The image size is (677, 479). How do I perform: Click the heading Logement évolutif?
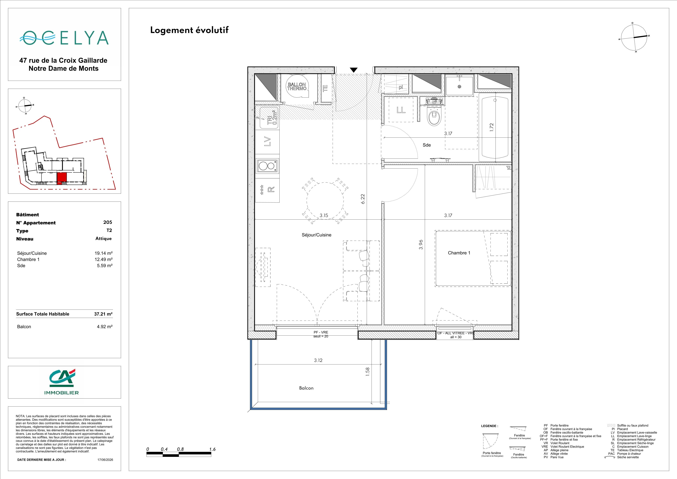coord(189,30)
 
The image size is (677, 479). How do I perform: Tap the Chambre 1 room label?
coord(459,253)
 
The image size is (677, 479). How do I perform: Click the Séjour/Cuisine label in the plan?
coord(316,235)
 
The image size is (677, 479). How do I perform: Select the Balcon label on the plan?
coord(306,388)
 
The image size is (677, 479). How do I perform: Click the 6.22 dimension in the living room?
coord(363,199)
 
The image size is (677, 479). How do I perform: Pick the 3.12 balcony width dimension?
coord(318,360)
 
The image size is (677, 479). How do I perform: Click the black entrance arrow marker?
coord(353,70)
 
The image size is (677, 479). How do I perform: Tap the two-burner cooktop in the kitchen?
coord(267,166)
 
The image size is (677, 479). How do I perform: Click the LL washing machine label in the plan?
coord(401,110)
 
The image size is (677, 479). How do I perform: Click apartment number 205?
coord(108,222)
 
